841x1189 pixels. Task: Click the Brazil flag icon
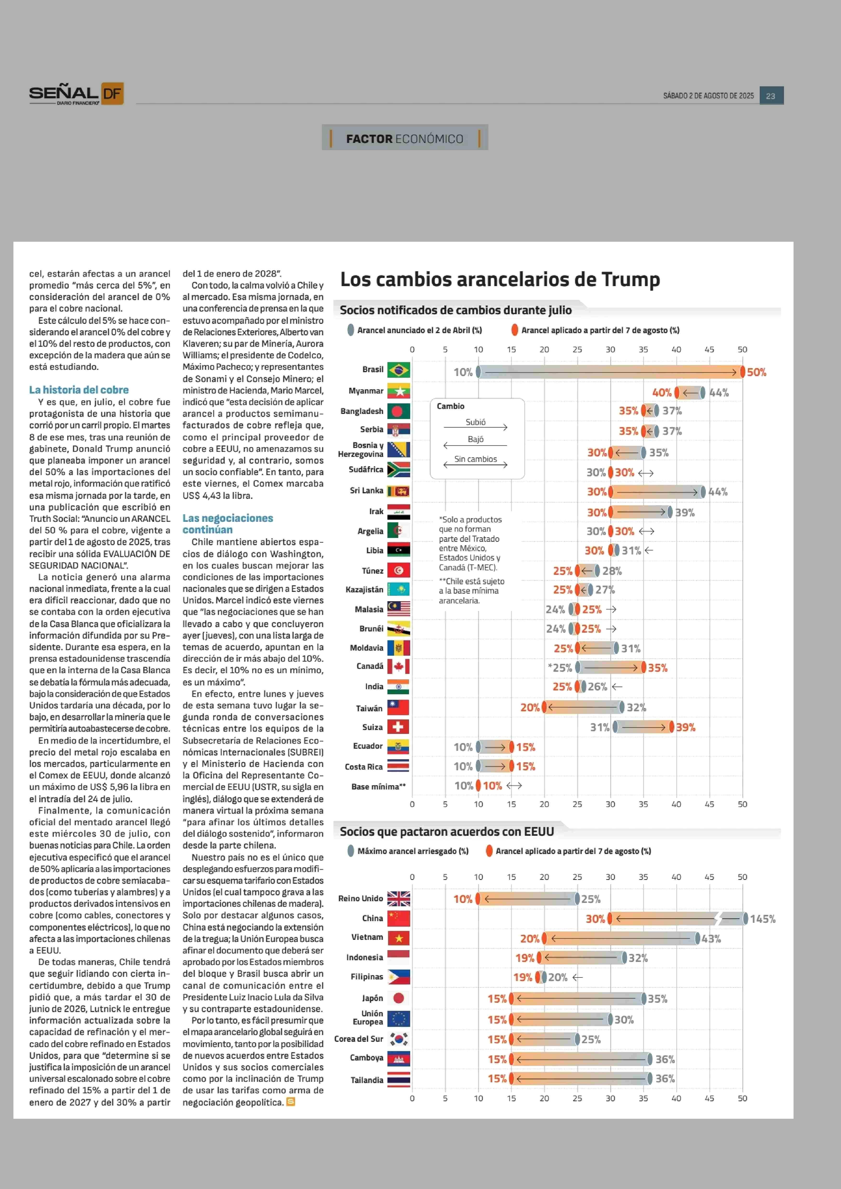point(398,370)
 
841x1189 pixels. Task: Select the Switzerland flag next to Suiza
point(398,727)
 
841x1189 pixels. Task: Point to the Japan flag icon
point(398,998)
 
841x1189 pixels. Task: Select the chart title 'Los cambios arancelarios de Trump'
point(500,279)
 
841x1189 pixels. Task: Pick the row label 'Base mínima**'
point(379,786)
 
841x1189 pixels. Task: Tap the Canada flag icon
point(398,666)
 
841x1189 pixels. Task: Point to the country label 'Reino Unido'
point(360,898)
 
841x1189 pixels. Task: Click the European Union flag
point(398,1018)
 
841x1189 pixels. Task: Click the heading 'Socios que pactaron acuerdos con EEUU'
point(447,831)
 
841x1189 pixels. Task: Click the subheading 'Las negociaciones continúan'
point(228,524)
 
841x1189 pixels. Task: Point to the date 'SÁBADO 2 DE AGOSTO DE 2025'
point(708,96)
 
